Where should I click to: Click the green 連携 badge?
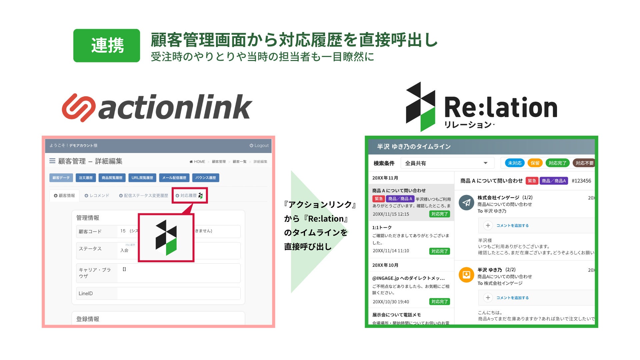(x=107, y=46)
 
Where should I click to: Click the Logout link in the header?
(x=259, y=146)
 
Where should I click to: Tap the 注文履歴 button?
(x=86, y=178)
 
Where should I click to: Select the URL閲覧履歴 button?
(x=142, y=178)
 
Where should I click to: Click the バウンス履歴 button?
(x=205, y=178)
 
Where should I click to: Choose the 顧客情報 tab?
(x=65, y=196)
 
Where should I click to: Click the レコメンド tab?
(x=97, y=196)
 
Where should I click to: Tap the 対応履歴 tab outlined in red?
(x=189, y=196)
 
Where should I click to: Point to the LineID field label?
(x=86, y=294)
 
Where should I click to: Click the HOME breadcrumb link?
(x=197, y=162)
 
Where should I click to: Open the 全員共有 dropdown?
(x=446, y=163)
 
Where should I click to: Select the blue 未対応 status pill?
(x=515, y=163)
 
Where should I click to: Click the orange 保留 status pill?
(x=535, y=163)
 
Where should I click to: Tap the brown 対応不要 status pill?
(x=584, y=163)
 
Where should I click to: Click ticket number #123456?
(x=581, y=181)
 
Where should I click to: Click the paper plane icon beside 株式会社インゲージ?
(x=466, y=203)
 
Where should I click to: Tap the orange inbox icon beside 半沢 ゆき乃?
(x=466, y=275)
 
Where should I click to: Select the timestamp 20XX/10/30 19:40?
(x=391, y=302)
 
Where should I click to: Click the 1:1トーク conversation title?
(x=382, y=228)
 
